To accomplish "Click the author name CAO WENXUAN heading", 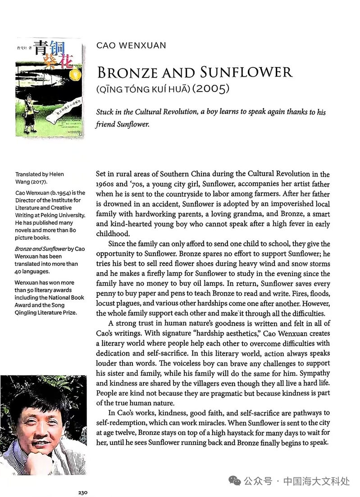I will tap(131, 46).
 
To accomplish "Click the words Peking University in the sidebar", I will tap(65, 215).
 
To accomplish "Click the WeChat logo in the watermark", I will tap(234, 481).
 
